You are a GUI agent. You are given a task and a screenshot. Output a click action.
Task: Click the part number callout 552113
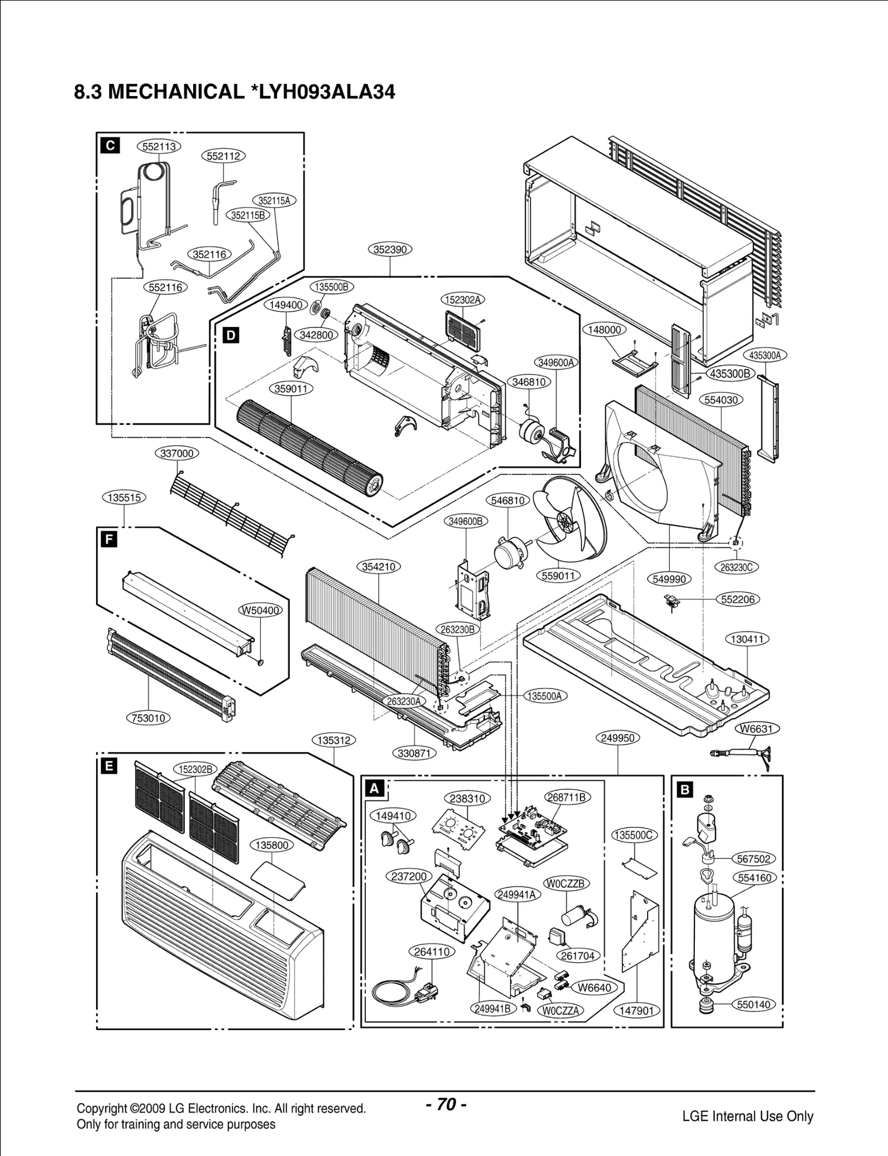click(x=159, y=147)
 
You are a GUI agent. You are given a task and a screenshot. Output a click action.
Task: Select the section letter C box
click(x=110, y=146)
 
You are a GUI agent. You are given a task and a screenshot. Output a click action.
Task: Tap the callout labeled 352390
click(x=390, y=250)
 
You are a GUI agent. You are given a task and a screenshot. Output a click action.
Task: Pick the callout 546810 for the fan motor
click(x=508, y=501)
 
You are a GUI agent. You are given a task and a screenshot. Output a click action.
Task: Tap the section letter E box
click(x=110, y=766)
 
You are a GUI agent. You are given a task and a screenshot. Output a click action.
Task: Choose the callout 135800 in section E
click(x=272, y=845)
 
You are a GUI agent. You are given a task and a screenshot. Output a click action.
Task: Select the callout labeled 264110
click(x=432, y=952)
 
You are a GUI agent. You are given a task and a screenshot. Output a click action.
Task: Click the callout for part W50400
click(x=260, y=610)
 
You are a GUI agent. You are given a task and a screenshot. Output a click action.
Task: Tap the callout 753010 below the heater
click(x=148, y=718)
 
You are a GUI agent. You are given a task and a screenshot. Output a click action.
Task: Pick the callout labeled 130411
click(x=747, y=639)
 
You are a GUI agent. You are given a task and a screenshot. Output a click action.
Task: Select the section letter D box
click(x=231, y=335)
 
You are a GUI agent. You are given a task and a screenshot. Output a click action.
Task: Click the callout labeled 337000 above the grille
click(x=176, y=453)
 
